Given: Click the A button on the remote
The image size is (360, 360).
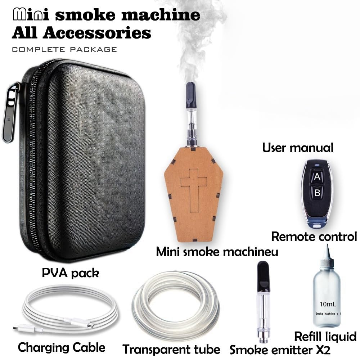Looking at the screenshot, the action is click(317, 177).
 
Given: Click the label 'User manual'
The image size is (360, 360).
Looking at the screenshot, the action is click(298, 147).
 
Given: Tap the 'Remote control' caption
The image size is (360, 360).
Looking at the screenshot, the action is click(314, 237).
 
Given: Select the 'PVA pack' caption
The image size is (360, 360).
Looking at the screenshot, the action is click(70, 273).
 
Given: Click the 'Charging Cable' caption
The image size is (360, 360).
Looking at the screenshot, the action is click(62, 347).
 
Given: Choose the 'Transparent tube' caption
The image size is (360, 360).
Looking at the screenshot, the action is click(171, 349).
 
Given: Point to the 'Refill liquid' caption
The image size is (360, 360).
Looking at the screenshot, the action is click(325, 337).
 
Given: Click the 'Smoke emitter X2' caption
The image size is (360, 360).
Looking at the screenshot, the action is click(280, 349).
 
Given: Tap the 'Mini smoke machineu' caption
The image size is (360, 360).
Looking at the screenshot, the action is click(217, 252).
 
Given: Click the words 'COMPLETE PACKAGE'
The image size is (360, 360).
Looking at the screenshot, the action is click(64, 49).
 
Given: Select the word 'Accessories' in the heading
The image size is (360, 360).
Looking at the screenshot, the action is click(96, 33).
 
